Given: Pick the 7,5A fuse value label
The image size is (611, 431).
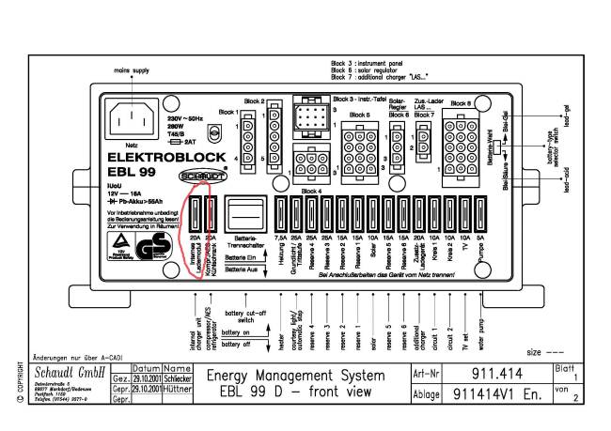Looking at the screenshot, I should coord(280,239).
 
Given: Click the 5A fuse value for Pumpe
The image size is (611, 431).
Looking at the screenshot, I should coord(481,239).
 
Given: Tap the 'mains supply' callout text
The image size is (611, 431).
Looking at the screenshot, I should coord(133,70).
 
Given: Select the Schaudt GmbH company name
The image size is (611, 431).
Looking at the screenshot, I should coord(69,372).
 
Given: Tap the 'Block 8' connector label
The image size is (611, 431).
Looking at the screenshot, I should coord(461,102).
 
